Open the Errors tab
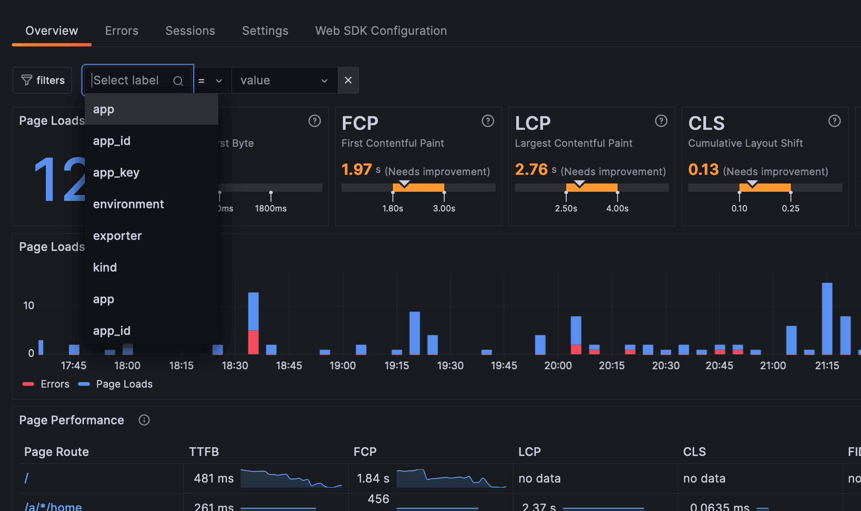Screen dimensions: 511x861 click(x=121, y=31)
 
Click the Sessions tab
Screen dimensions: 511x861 click(x=190, y=31)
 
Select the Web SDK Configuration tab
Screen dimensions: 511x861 click(x=381, y=31)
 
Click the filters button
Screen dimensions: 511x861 click(x=43, y=80)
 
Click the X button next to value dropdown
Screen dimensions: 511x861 click(x=348, y=80)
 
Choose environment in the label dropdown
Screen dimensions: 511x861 click(x=128, y=204)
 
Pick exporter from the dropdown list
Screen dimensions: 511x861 click(x=117, y=236)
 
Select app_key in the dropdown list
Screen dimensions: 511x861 click(x=116, y=172)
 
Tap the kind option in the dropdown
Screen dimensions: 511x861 click(x=105, y=267)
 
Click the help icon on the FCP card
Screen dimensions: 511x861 click(x=487, y=121)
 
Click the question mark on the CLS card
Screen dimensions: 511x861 click(x=834, y=121)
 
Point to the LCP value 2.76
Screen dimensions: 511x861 click(x=531, y=170)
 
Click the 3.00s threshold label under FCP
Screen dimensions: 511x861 click(x=444, y=208)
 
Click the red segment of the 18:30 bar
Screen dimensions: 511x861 click(x=253, y=342)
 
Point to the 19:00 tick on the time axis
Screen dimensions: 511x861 click(x=342, y=366)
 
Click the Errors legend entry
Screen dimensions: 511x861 click(x=46, y=384)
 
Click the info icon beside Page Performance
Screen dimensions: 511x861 click(x=144, y=420)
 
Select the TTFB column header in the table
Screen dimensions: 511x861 click(x=204, y=452)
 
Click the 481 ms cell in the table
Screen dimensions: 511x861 click(x=214, y=478)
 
